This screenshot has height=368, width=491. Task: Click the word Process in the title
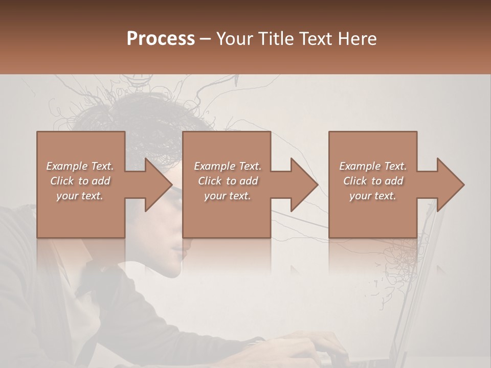pos(161,39)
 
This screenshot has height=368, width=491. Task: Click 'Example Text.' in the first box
pos(80,166)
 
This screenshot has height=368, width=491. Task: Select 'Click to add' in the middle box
pos(228,181)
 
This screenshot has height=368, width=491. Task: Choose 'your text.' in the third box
pos(373,196)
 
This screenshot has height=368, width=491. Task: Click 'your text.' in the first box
pos(80,196)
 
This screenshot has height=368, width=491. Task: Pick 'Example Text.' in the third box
pos(373,166)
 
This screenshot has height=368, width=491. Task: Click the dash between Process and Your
pos(205,39)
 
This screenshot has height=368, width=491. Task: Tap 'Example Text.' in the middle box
pos(228,166)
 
